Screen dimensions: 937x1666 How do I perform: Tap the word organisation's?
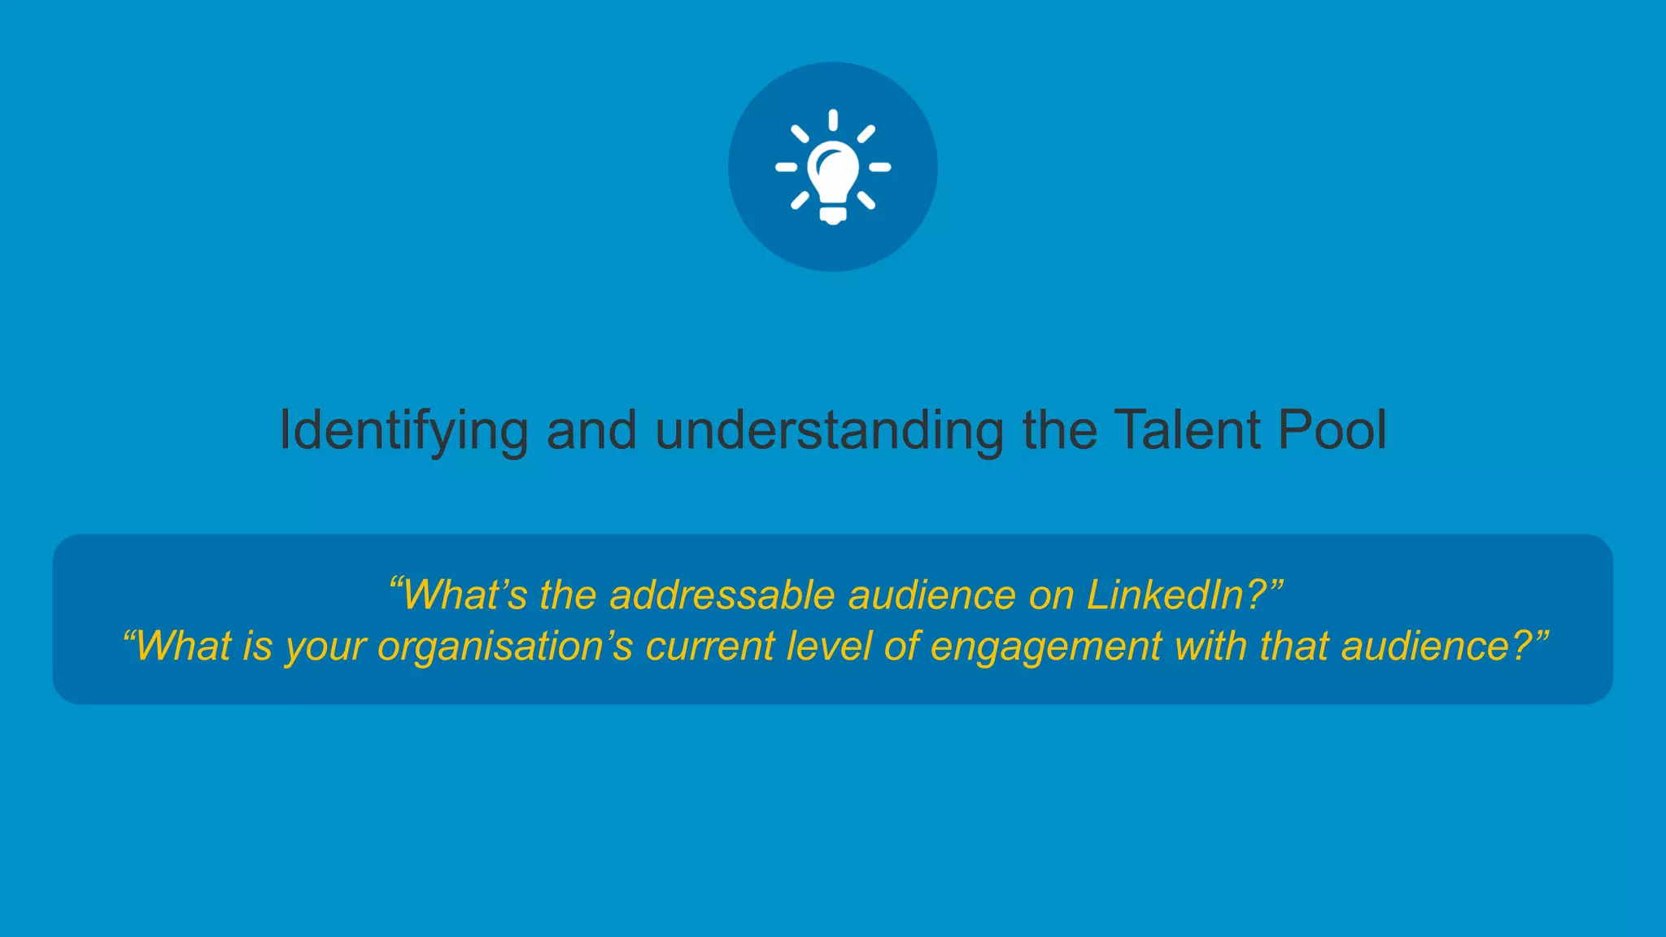[x=505, y=647]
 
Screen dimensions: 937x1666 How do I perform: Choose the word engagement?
[x=1046, y=647]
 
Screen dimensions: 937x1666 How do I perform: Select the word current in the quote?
[x=710, y=647]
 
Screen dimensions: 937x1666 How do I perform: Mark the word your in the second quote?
[x=325, y=647]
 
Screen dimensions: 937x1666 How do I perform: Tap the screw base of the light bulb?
[x=833, y=215]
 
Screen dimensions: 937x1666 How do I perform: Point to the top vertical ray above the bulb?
[x=833, y=120]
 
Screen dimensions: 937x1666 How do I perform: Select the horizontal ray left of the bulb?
[x=786, y=167]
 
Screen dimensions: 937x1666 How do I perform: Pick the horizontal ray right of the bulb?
[x=879, y=167]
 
